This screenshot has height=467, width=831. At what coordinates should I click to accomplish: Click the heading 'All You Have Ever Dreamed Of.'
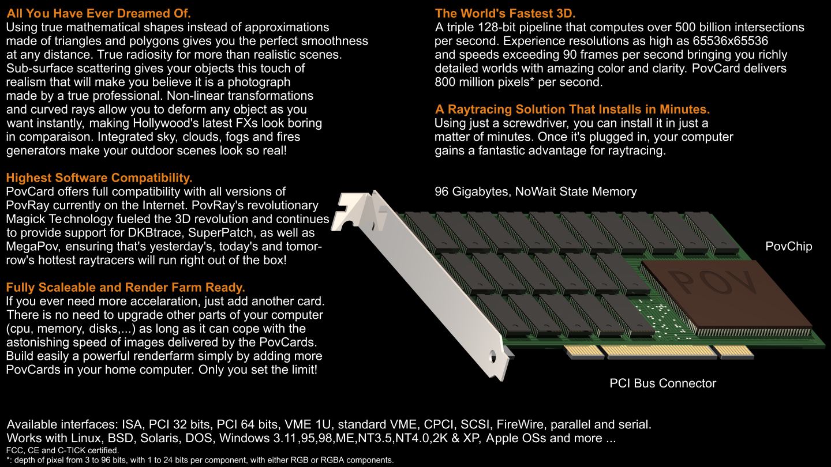tap(99, 13)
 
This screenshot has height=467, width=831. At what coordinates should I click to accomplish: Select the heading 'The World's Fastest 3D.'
tap(505, 13)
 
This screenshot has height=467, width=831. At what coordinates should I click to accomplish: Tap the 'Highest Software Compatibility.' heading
tap(99, 178)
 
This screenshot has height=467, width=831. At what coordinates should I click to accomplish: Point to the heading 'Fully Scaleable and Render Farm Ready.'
tap(125, 287)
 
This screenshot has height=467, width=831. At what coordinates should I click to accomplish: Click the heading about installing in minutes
tap(572, 110)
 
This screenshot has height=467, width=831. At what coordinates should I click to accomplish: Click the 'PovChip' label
tap(789, 247)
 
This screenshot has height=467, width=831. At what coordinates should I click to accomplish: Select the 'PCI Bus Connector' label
tap(662, 383)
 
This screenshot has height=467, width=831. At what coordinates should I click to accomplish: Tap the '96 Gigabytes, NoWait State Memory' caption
tap(536, 191)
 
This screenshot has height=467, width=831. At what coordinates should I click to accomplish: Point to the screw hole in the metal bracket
tap(493, 356)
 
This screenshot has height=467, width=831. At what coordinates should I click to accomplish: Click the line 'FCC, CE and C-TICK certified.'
tap(62, 451)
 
